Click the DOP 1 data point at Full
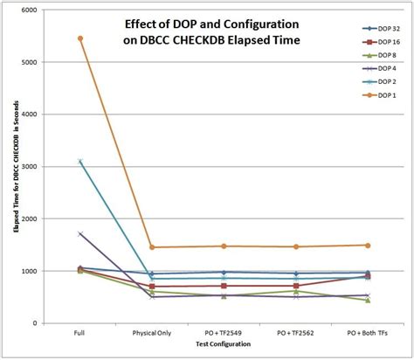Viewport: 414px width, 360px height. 80,38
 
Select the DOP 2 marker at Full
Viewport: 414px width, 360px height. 80,162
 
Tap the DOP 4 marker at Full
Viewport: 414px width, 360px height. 80,234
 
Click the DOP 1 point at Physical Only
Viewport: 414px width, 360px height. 152,247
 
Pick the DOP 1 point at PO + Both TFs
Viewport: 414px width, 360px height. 367,246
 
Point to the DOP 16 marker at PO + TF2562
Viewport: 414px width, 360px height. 295,286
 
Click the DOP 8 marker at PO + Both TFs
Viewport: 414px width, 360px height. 367,300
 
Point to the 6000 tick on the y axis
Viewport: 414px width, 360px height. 28,10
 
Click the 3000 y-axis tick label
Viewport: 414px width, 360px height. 28,167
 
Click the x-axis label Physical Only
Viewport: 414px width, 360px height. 152,334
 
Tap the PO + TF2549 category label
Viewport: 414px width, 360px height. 224,334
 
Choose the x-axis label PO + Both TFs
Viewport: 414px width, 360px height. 367,334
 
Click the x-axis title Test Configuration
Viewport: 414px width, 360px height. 224,347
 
